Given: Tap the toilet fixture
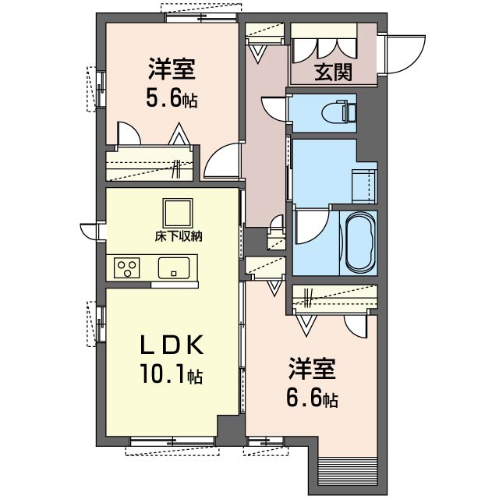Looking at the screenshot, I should (340, 111).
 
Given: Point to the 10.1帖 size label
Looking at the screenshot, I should (172, 377).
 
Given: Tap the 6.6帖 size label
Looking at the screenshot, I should (311, 398).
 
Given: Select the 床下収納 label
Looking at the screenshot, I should (177, 236).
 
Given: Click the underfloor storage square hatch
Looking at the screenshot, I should (177, 213).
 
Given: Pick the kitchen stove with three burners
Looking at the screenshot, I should (127, 267).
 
